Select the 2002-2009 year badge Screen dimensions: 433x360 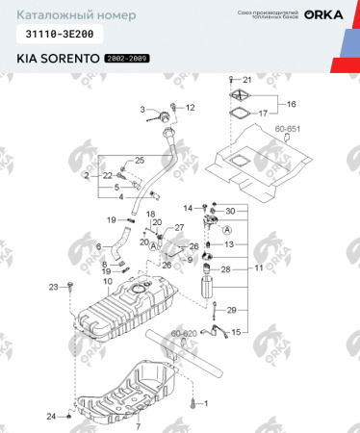pos(127,60)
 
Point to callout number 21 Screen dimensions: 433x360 pos(246,79)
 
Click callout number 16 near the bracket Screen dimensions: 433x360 pos(292,103)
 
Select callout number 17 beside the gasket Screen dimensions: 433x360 pos(263,113)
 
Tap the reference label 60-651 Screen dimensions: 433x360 pos(288,127)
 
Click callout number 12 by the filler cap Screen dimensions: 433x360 pos(190,107)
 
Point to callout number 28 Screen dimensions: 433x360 pos(226,270)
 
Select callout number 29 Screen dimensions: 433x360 pos(231,310)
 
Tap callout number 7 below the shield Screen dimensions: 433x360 pos(138,424)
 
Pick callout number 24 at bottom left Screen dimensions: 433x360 pos(52,416)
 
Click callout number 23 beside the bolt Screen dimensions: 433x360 pos(54,285)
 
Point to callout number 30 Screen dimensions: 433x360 pos(230,211)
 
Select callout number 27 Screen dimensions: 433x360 pos(179,227)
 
